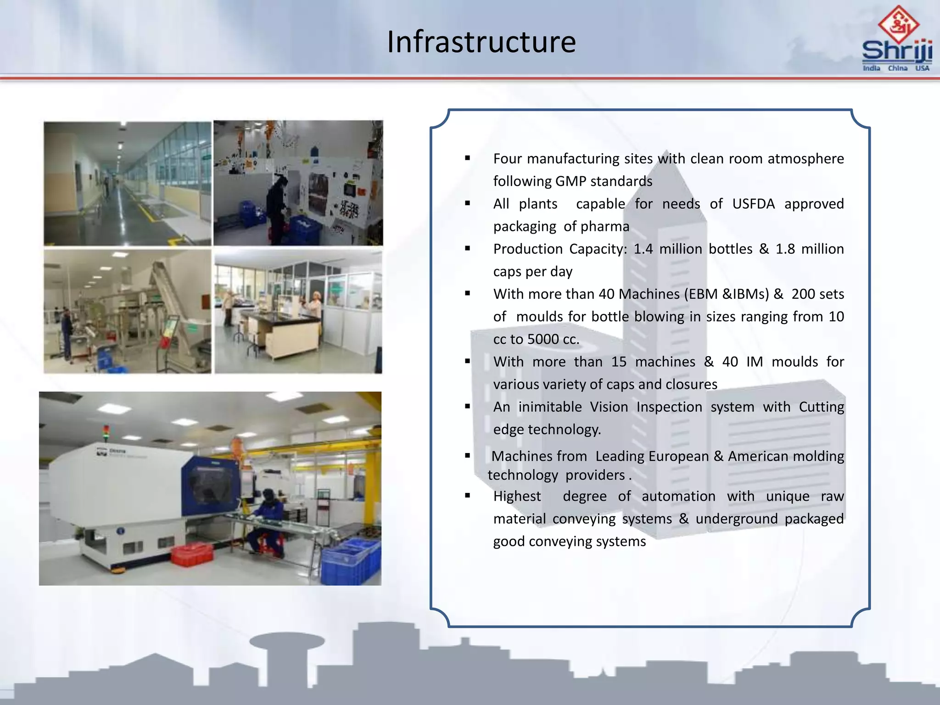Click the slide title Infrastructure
pyautogui.click(x=481, y=42)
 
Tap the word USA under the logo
pyautogui.click(x=922, y=68)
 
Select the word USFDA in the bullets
pyautogui.click(x=753, y=203)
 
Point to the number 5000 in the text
pyautogui.click(x=543, y=339)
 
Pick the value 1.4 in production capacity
pyautogui.click(x=643, y=249)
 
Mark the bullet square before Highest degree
pyautogui.click(x=468, y=496)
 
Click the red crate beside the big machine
pyautogui.click(x=192, y=554)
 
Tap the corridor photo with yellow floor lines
pyautogui.click(x=128, y=184)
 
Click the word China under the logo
pyautogui.click(x=897, y=68)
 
